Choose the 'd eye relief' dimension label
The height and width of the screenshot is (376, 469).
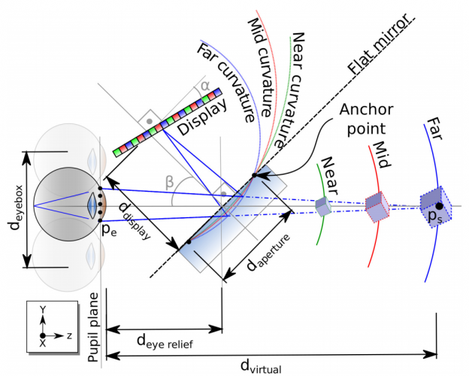pyautogui.click(x=166, y=341)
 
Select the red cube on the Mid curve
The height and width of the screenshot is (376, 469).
pyautogui.click(x=376, y=205)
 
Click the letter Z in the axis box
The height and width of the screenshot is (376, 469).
pyautogui.click(x=70, y=336)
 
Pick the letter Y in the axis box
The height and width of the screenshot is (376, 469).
pyautogui.click(x=44, y=310)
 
